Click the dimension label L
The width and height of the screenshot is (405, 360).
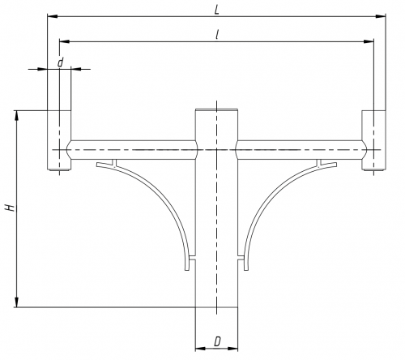click(x=216, y=11)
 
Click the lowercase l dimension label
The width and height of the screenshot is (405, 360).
click(x=217, y=35)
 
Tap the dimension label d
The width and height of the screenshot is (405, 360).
click(x=60, y=62)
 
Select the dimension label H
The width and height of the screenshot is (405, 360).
click(x=11, y=208)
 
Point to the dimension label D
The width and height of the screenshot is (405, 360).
click(x=217, y=342)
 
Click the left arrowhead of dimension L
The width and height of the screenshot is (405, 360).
click(x=53, y=16)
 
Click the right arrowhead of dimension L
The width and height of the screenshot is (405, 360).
click(x=381, y=16)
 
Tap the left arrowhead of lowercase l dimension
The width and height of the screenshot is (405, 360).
click(x=65, y=41)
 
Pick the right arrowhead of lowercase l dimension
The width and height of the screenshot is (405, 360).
click(x=369, y=41)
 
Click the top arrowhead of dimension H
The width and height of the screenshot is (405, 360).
click(x=17, y=115)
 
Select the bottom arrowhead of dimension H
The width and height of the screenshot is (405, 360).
click(x=17, y=302)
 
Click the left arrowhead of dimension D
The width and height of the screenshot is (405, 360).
click(x=200, y=349)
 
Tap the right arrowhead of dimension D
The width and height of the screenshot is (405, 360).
click(x=232, y=349)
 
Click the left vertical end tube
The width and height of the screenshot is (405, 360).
click(x=59, y=140)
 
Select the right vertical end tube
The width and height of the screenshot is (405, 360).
click(x=373, y=140)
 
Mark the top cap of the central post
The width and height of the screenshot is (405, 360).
click(x=216, y=109)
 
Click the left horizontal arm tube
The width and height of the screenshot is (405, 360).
click(x=132, y=150)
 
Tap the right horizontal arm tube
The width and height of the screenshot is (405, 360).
click(x=301, y=150)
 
